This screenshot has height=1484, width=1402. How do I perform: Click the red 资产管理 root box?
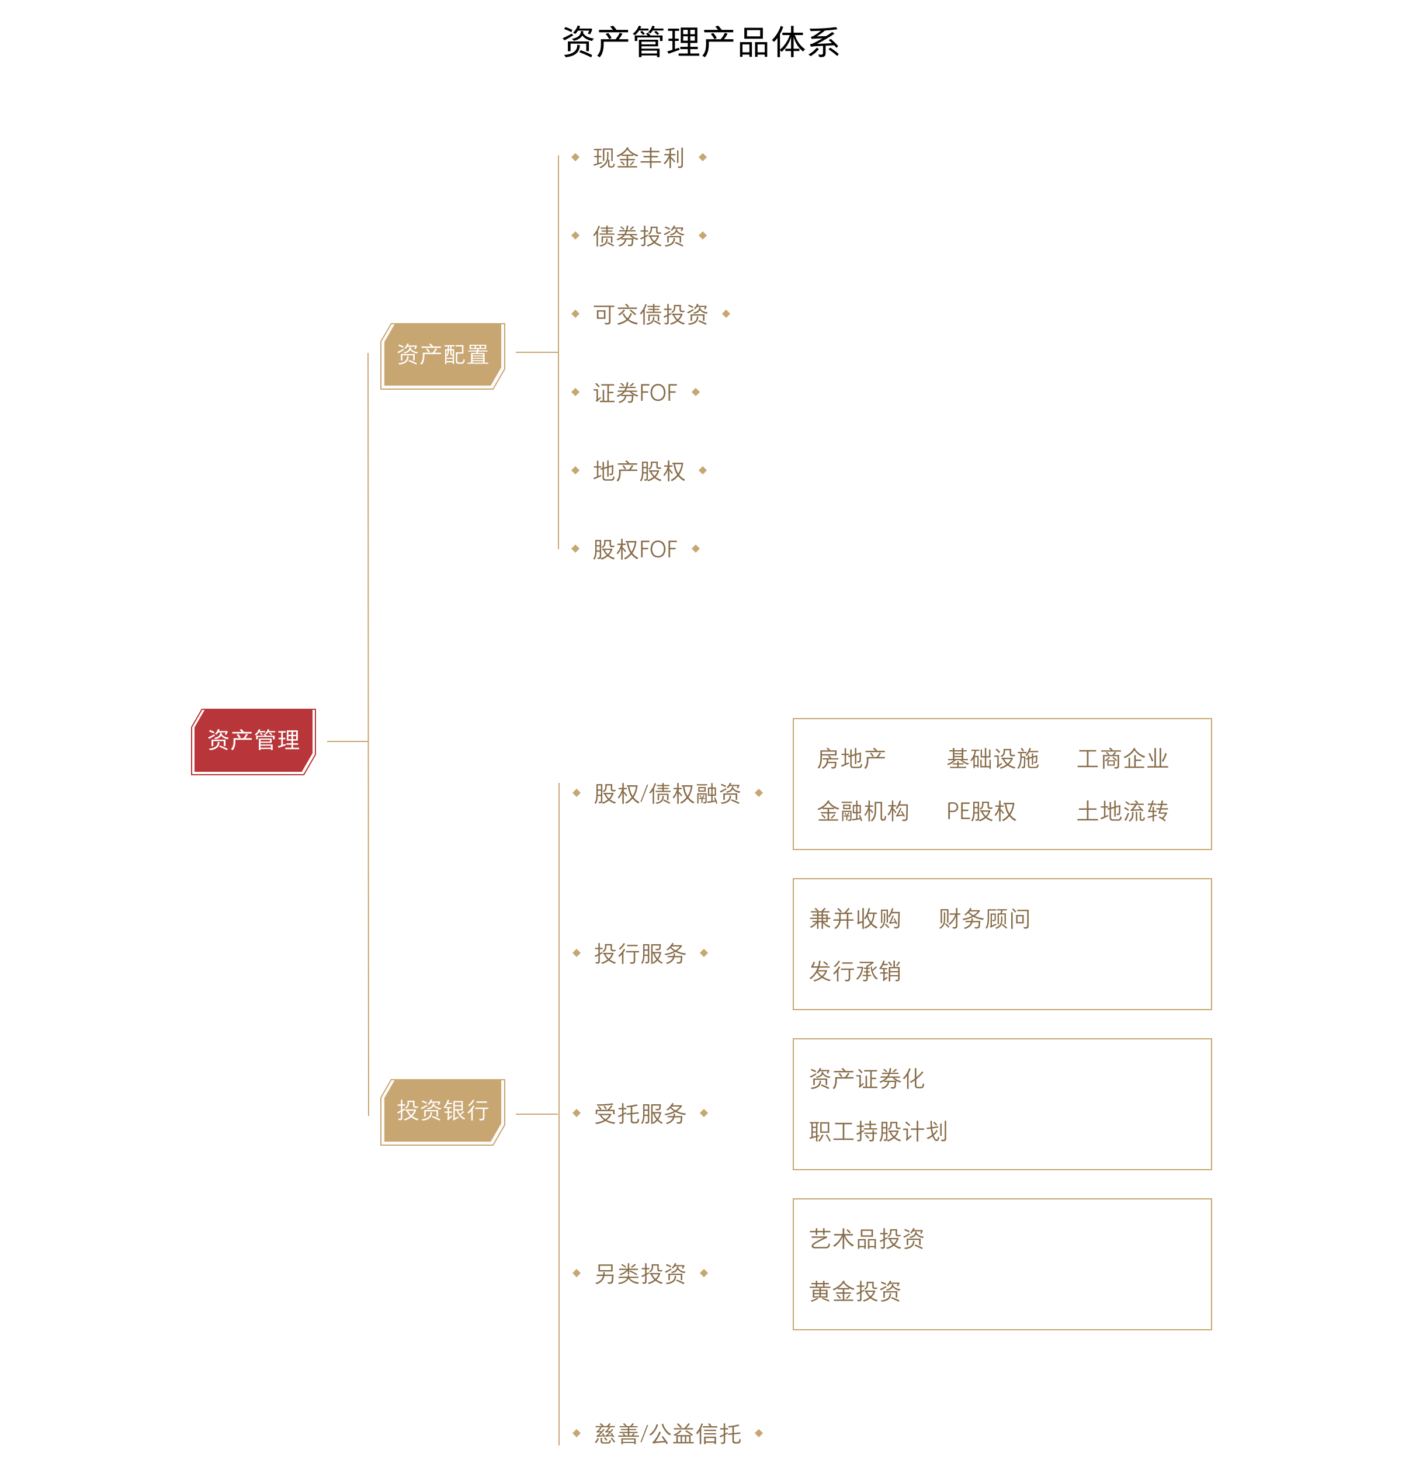tap(254, 741)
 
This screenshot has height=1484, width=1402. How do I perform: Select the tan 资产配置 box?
tap(442, 355)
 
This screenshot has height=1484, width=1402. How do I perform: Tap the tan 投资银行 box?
tap(442, 1111)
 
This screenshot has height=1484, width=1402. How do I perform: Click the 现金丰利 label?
tap(638, 158)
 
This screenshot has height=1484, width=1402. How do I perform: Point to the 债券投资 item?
tap(638, 236)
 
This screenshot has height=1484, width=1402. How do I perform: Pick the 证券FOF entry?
tap(634, 393)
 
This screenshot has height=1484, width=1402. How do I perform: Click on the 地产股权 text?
tap(638, 471)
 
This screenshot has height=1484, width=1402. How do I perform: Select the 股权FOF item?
tap(634, 550)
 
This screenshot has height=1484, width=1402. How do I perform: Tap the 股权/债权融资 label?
tap(667, 794)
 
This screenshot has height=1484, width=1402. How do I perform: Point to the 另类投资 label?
tap(640, 1274)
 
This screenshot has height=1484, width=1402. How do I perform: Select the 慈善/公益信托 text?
tap(667, 1434)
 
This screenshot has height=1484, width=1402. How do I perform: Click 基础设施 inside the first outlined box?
tap(992, 759)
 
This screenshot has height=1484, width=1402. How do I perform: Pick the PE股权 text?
tap(980, 811)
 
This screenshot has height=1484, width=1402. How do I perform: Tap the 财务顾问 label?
tap(984, 919)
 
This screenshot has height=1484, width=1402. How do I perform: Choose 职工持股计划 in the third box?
tap(877, 1131)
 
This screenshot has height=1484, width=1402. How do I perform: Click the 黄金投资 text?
tap(855, 1291)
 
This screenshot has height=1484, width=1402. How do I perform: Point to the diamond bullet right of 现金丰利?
tap(703, 157)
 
